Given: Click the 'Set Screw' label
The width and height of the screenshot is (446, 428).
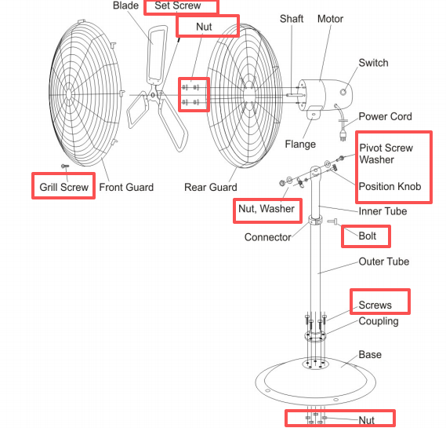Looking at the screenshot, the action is point(177,5).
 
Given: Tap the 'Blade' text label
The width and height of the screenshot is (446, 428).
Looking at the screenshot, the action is point(125,5).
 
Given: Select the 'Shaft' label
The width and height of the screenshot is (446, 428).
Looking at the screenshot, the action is point(292,19).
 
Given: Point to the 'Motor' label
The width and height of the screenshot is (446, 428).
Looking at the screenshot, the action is point(330,19).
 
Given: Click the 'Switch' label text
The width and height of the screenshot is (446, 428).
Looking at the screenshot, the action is point(373,63).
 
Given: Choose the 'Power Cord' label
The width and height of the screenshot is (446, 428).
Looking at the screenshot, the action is point(385,116).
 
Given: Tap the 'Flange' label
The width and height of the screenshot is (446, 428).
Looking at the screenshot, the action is point(300,144).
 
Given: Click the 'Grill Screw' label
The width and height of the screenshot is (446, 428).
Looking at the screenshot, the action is point(64,187).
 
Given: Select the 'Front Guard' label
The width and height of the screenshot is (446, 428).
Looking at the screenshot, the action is point(126,187).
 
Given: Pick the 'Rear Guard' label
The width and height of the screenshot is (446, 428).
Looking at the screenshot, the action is point(211,187).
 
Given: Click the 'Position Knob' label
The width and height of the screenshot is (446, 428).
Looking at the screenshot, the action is point(390,186).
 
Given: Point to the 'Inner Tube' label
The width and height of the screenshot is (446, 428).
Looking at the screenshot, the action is point(383,211).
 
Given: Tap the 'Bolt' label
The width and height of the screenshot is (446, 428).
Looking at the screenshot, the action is point(367,236).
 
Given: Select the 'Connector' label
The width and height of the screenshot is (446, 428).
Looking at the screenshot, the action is point(267,237).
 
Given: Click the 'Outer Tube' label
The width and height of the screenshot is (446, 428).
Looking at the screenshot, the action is point(384,262).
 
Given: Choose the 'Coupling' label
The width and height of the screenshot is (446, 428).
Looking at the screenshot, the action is point(379,321).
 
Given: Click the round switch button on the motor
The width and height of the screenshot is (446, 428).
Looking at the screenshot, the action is point(343,92).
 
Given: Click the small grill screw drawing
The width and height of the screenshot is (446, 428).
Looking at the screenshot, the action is point(65,166).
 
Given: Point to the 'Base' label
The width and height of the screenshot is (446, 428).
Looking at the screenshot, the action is point(370,354).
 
